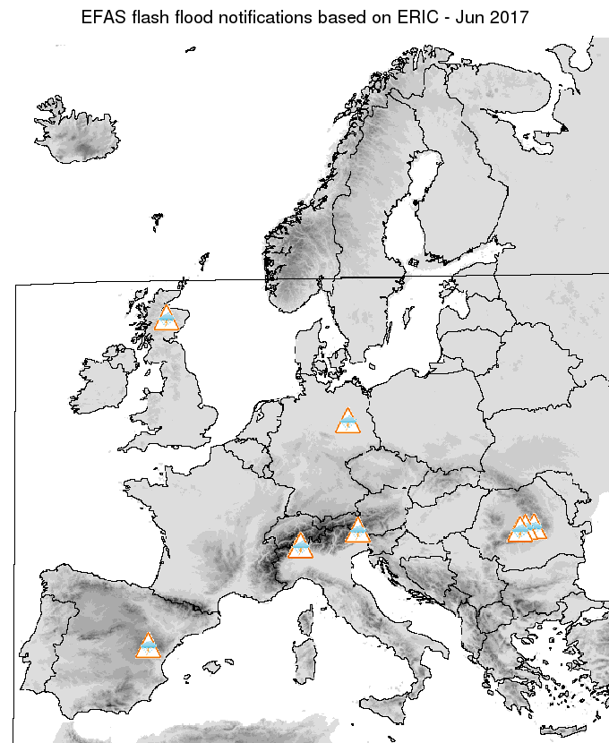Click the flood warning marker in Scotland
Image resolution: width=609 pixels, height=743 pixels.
coord(167,319)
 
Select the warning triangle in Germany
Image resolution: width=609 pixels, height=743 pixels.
coord(347,421)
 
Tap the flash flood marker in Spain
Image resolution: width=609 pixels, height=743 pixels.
coord(148,645)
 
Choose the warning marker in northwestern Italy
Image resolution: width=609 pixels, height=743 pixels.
coord(301,545)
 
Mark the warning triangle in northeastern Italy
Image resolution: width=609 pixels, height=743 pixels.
coord(358,531)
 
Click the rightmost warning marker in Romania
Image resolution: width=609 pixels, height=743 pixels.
coord(536,526)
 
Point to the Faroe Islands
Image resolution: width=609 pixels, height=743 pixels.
coord(158,218)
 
